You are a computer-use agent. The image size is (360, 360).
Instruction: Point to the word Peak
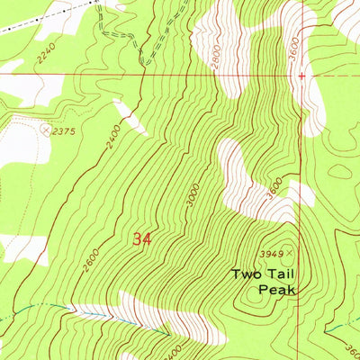(275, 289)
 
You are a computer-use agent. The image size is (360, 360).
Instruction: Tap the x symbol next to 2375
(47, 130)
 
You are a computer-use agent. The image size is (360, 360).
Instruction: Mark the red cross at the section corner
(301, 76)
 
